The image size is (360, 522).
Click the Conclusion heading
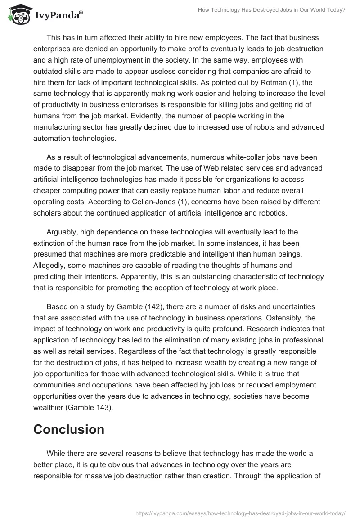68,429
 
